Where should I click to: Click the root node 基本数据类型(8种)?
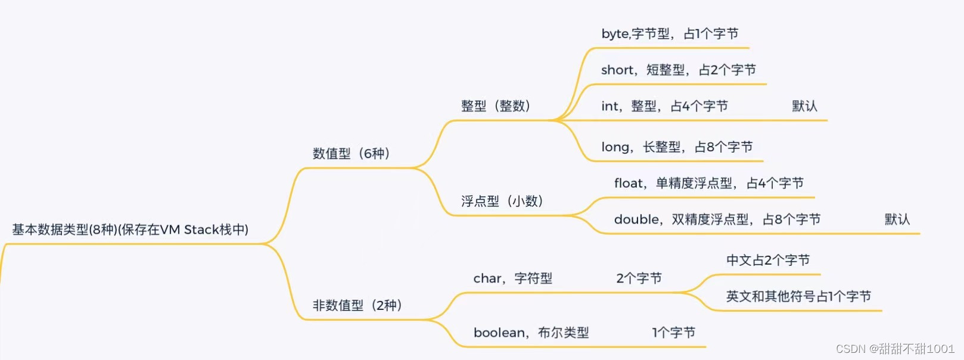pyautogui.click(x=130, y=229)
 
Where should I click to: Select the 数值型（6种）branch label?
pyautogui.click(x=351, y=154)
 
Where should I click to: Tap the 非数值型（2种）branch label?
pyautogui.click(x=357, y=306)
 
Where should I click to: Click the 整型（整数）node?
pyautogui.click(x=495, y=106)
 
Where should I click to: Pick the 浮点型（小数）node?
pyautogui.click(x=502, y=201)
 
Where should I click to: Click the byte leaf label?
pyautogui.click(x=670, y=34)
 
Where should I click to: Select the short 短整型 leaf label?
pyautogui.click(x=678, y=70)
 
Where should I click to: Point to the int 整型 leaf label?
pyautogui.click(x=664, y=106)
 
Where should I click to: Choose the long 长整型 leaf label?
pyautogui.click(x=677, y=147)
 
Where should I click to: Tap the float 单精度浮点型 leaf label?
pyautogui.click(x=708, y=184)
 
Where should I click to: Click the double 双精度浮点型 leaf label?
pyautogui.click(x=717, y=219)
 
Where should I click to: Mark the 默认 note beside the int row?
pyautogui.click(x=804, y=106)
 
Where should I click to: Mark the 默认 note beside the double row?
pyautogui.click(x=897, y=219)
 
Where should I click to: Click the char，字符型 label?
pyautogui.click(x=512, y=278)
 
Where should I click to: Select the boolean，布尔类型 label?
pyautogui.click(x=531, y=333)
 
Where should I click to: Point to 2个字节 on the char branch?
pyautogui.click(x=639, y=278)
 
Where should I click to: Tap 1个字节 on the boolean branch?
pyautogui.click(x=673, y=333)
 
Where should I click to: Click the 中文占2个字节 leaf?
pyautogui.click(x=767, y=260)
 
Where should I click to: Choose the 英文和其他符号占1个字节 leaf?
pyautogui.click(x=798, y=296)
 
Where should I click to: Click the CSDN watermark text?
pyautogui.click(x=895, y=349)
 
